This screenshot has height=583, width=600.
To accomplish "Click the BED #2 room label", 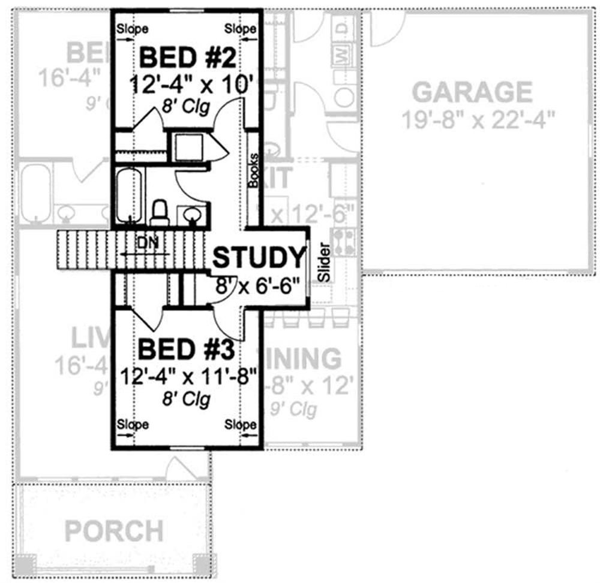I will pos(188,59).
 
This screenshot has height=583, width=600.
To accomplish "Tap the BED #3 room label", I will pos(188,349).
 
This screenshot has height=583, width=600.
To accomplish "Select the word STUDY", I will pos(259,257).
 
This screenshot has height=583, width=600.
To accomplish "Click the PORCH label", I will pos(114,531).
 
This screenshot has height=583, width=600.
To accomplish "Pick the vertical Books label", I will pos(253,171).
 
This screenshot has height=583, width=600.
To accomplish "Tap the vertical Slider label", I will pos(324,262).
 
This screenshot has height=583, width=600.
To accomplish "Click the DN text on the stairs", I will pos(146,243).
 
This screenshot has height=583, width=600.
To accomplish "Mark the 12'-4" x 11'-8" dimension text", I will pos(188,376).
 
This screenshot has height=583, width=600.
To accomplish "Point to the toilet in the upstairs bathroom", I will pos(160,212).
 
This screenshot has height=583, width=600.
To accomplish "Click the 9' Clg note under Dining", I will pos(294,409).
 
